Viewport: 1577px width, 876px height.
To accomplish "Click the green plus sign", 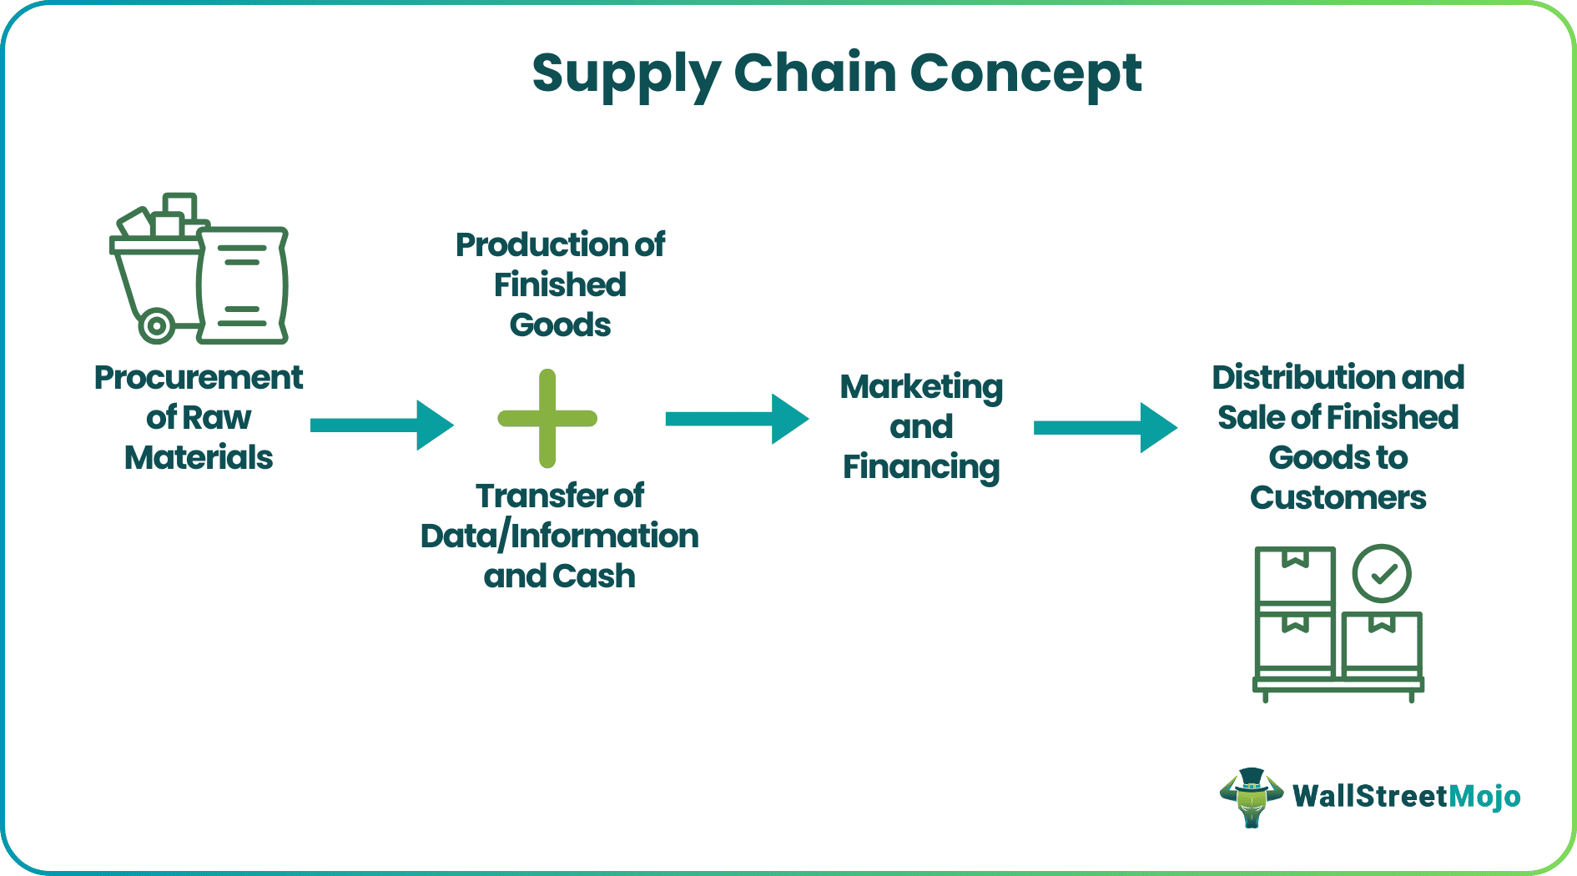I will click(x=547, y=418).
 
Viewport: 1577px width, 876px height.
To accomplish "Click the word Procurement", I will click(x=199, y=378).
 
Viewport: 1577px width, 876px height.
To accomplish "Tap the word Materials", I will click(x=199, y=457).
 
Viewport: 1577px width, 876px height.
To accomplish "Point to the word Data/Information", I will click(x=559, y=536).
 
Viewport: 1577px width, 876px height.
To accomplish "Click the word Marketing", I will click(x=921, y=387).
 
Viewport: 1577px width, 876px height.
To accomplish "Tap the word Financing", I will click(x=921, y=467).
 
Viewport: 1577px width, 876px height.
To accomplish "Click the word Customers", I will click(x=1338, y=497).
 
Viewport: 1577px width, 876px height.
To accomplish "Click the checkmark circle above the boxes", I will click(x=1382, y=574).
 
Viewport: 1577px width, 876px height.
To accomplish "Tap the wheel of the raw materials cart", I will click(x=157, y=325).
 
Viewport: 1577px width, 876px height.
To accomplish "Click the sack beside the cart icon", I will click(x=244, y=286).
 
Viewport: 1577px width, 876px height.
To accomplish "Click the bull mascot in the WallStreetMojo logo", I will click(x=1251, y=798).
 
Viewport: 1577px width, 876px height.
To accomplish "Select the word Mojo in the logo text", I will click(x=1484, y=797).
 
